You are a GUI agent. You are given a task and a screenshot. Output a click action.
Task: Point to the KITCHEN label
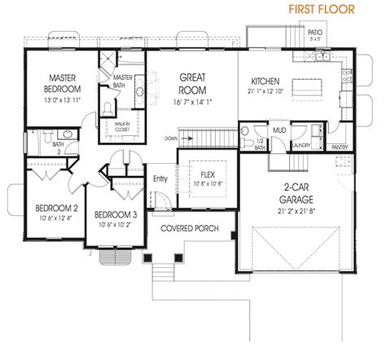click(265, 82)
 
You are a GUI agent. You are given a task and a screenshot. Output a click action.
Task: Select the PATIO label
click(315, 32)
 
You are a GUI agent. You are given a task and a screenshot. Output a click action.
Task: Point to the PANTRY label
click(340, 147)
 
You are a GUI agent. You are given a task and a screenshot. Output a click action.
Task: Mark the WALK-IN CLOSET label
click(122, 126)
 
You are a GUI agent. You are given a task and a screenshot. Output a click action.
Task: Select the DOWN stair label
click(170, 139)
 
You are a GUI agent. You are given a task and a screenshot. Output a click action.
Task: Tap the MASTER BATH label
click(124, 81)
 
